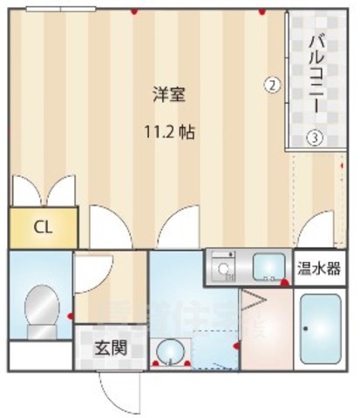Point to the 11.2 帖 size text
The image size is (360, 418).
169,133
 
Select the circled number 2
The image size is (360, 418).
272,84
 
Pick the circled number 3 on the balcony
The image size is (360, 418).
314,138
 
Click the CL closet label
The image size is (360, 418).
43,227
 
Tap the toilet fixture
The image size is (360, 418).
38,313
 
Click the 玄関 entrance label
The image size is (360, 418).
112,347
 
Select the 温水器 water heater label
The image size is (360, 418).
320,267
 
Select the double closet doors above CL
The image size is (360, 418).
43,190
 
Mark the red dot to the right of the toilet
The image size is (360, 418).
71,315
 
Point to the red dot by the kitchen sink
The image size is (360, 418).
284,282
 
